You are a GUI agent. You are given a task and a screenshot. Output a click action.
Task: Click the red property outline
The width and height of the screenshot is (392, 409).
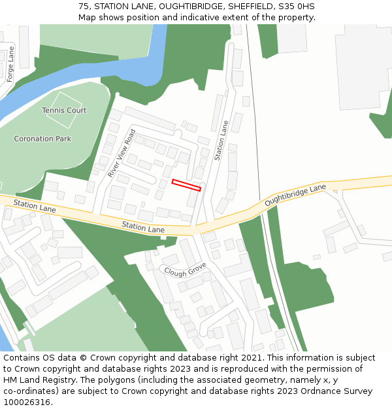click(186, 185)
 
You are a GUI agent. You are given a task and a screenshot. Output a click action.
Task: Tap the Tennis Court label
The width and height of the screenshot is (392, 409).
click(64, 111)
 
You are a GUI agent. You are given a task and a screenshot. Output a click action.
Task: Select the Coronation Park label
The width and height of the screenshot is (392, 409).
click(42, 139)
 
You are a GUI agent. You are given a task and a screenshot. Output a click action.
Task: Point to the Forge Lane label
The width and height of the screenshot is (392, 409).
click(10, 64)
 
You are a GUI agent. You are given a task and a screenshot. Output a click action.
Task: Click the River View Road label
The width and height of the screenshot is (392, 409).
click(122, 153)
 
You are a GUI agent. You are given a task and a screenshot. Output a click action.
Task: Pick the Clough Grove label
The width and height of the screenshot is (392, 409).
click(185, 270)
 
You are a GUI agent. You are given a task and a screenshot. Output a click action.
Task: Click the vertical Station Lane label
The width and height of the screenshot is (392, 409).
click(221, 141)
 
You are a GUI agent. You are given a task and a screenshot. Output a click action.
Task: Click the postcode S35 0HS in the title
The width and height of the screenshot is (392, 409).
click(299, 6)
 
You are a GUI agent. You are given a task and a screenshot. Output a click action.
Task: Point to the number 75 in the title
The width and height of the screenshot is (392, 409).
click(84, 6)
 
